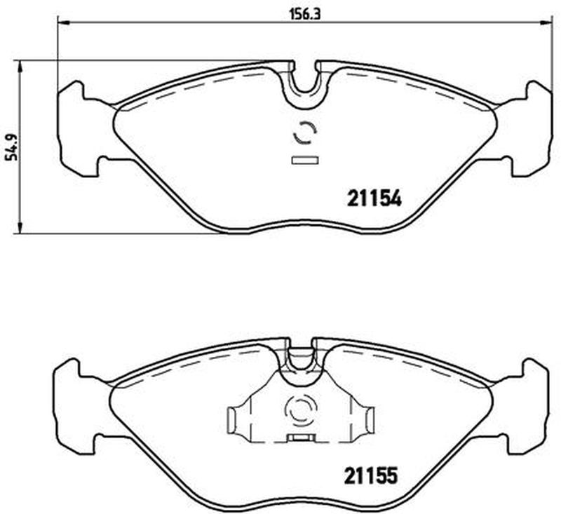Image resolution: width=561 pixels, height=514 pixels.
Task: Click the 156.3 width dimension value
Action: (x=304, y=14)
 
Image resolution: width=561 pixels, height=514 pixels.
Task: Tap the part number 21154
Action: (x=374, y=198)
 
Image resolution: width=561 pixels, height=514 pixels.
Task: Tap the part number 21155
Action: (x=371, y=475)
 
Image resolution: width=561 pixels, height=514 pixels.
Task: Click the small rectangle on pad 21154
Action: (x=305, y=161)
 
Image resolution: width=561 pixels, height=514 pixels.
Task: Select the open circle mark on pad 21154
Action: (x=305, y=133)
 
